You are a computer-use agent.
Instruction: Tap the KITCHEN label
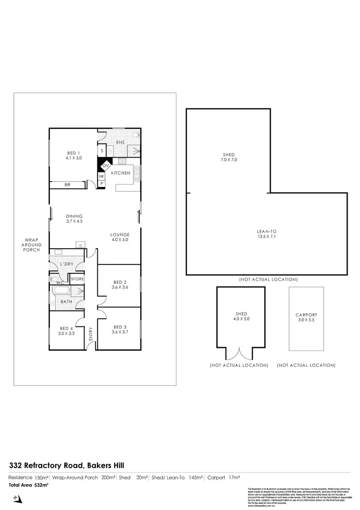121,173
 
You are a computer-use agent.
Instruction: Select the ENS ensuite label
121,142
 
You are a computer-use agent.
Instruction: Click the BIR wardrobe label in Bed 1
68,184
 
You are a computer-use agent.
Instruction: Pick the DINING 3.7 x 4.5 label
74,219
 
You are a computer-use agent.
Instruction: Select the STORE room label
77,279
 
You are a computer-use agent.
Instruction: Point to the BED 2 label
120,284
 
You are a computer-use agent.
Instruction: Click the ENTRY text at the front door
91,334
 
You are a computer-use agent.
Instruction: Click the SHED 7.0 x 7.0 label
229,156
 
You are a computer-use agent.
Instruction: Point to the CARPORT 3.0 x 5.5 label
306,317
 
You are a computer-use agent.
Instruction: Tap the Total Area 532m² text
29,486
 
